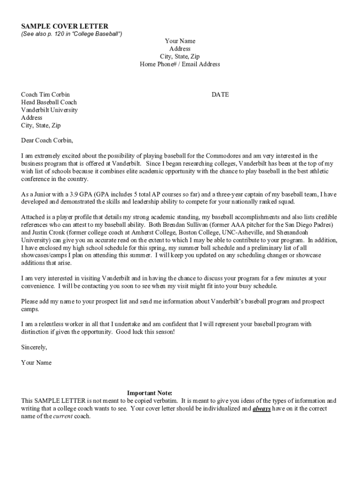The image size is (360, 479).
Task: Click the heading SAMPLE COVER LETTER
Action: [65, 26]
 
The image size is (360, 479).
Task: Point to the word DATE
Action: [220, 94]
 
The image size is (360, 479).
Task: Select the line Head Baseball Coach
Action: [49, 102]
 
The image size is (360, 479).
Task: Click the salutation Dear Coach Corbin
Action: [47, 140]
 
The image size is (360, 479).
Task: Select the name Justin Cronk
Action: [49, 232]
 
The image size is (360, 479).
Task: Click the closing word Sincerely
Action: [34, 347]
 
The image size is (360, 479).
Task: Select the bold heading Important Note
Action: [150, 393]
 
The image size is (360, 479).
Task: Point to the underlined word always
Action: [262, 408]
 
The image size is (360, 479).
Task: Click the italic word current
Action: [63, 416]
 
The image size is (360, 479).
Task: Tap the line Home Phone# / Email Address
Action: [180, 64]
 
